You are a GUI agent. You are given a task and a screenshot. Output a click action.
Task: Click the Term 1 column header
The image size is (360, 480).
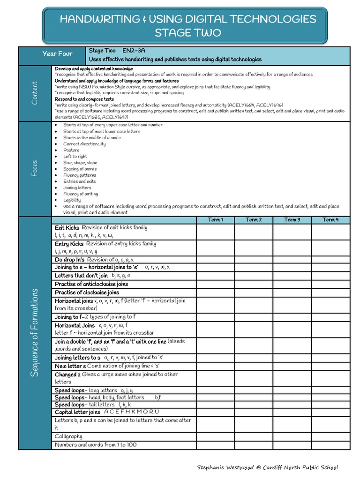(215, 220)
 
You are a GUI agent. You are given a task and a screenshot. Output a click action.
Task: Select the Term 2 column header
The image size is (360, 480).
(254, 220)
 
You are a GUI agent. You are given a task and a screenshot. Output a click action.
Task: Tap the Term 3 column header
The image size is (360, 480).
(292, 220)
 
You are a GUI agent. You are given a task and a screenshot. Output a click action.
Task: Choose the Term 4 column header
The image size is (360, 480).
(330, 220)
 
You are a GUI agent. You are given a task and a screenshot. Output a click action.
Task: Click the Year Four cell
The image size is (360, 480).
(57, 54)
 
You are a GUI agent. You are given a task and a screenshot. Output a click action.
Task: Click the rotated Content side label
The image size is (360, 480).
(35, 93)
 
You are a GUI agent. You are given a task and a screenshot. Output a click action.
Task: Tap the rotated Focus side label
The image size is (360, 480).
(35, 168)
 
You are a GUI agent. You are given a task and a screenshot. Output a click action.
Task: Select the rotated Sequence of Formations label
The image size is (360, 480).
(35, 333)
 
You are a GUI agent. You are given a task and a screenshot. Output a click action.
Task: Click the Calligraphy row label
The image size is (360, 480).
(68, 436)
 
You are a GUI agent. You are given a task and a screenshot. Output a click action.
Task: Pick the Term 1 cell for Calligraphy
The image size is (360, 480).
(215, 436)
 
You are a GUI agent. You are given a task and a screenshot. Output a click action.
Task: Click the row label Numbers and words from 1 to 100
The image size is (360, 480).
(96, 445)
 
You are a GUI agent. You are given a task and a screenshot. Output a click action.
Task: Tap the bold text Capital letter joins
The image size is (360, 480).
(77, 412)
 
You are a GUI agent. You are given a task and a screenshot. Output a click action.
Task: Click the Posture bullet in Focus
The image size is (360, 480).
(71, 150)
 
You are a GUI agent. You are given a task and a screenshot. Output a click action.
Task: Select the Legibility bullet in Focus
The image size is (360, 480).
(72, 200)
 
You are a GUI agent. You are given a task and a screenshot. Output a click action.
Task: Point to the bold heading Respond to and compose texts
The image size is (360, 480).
(84, 99)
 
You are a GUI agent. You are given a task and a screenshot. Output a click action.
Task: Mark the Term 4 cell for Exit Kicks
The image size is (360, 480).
(330, 232)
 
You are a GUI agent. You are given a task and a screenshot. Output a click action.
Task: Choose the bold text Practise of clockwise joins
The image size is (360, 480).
(87, 292)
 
